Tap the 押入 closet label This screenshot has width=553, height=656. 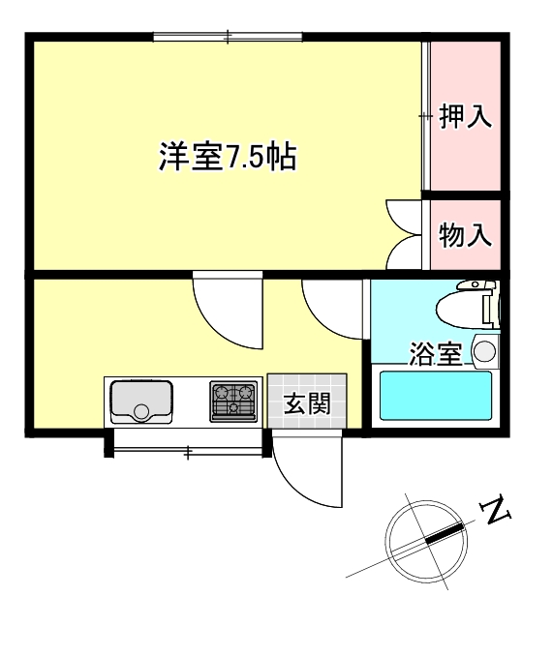click(x=466, y=117)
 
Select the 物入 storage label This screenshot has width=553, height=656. click(x=466, y=235)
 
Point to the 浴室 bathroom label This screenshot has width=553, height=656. click(x=435, y=354)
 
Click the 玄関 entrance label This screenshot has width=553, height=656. click(x=307, y=403)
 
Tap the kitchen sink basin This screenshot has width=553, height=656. click(x=141, y=402)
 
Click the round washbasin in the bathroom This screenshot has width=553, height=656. click(x=484, y=350)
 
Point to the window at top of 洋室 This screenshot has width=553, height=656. click(x=229, y=38)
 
